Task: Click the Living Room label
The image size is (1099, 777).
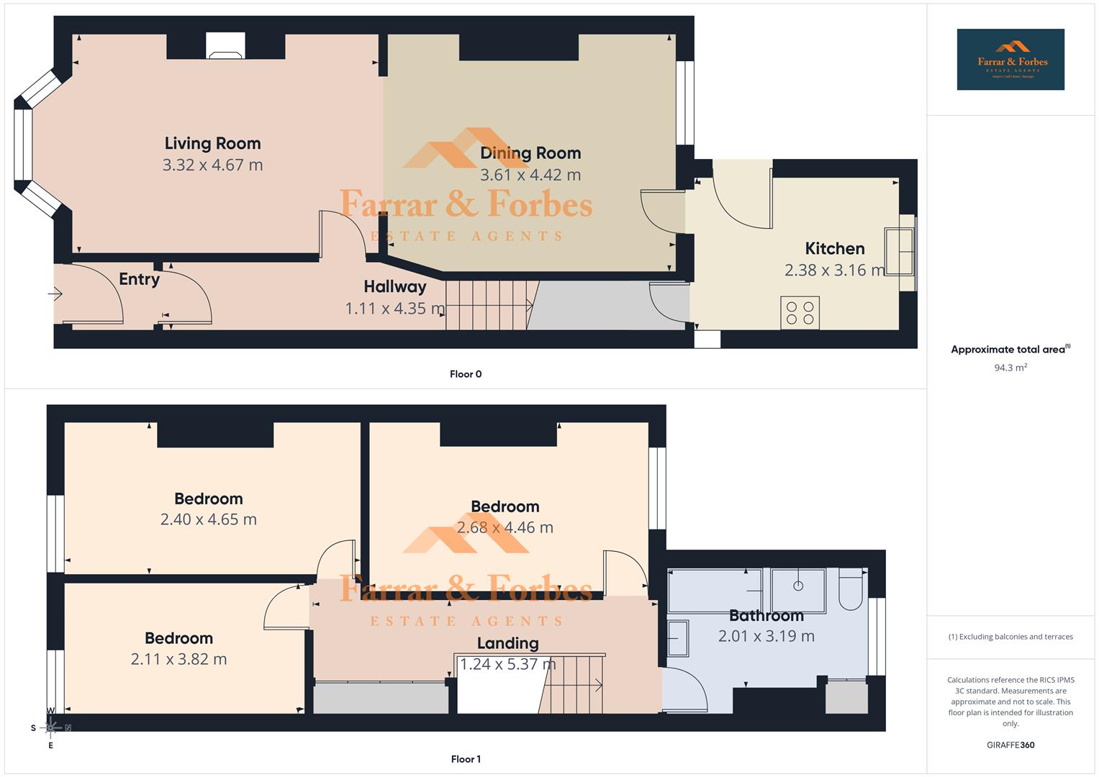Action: coord(212,143)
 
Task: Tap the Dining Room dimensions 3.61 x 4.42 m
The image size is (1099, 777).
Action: coord(530,175)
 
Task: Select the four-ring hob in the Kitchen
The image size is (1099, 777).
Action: coord(800,313)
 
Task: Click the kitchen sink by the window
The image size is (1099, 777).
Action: coord(899,251)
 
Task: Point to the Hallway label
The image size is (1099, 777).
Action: coord(394,286)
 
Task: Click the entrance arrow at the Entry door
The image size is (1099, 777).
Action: coord(56,294)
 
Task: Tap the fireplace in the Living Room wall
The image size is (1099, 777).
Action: coord(225,46)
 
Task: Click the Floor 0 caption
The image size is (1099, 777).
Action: coord(466,374)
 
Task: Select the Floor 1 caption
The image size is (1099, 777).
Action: coord(466,759)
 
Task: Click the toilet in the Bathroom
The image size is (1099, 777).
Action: coord(851,590)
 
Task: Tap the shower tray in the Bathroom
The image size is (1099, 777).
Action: coord(798,590)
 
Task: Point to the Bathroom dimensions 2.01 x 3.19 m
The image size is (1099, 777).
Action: coord(766,636)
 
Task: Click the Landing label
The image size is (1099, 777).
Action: coord(507,643)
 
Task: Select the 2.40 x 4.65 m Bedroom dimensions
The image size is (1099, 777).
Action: coord(208,519)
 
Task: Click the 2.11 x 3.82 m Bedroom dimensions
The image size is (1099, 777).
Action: coord(178,659)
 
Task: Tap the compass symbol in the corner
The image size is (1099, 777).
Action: coord(50,728)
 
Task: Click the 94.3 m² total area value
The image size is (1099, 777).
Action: coord(1010,368)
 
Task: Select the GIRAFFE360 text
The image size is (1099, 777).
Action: coord(1010,745)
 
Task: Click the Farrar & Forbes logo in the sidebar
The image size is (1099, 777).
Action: coord(1010,59)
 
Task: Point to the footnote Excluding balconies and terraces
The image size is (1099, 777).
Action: coord(1010,637)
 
